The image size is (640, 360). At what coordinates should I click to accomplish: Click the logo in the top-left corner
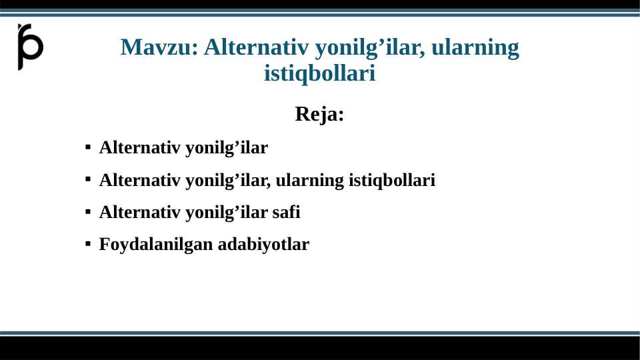click(30, 47)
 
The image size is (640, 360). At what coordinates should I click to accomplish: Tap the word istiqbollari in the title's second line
click(319, 73)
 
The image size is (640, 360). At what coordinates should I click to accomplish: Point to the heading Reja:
click(319, 114)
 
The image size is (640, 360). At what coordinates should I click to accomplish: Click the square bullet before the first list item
click(88, 148)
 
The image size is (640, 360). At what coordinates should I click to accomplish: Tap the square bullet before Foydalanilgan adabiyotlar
click(88, 245)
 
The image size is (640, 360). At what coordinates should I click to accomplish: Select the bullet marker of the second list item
click(88, 180)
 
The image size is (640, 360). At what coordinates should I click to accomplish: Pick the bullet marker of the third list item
click(88, 213)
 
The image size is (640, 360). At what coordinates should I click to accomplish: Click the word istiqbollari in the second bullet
click(392, 180)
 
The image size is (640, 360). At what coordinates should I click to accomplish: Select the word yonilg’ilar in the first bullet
click(226, 148)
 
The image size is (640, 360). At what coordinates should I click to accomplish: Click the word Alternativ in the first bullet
click(139, 148)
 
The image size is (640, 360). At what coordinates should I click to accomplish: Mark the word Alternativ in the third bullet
click(139, 213)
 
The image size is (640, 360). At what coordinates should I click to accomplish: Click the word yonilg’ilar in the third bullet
click(226, 213)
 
